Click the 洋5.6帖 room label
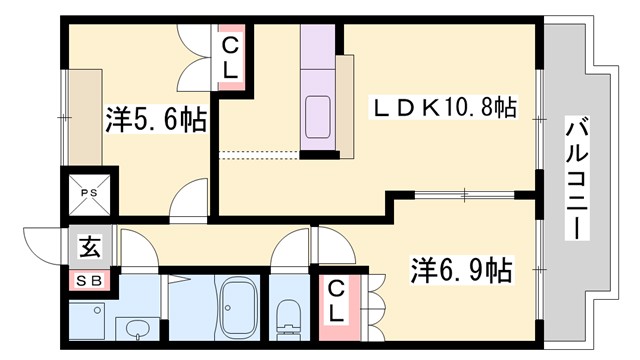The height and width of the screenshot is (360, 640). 156,121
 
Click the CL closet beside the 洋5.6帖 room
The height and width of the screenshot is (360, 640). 229,58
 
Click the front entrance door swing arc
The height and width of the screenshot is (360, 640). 40,244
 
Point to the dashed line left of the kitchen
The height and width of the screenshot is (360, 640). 258,153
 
